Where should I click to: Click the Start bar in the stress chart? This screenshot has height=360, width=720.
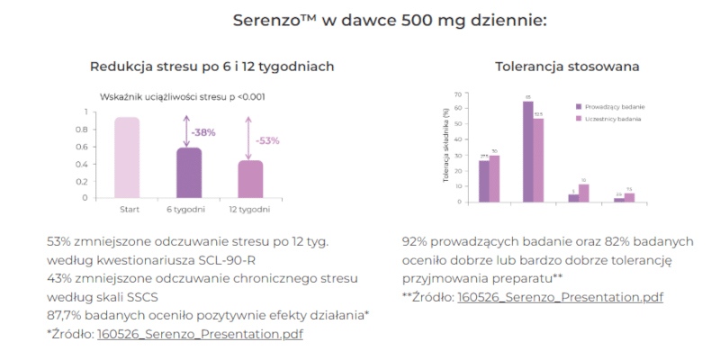[x=127, y=157]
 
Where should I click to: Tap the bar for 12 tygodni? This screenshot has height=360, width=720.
[x=249, y=178]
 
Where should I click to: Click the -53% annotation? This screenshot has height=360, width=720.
[x=267, y=141]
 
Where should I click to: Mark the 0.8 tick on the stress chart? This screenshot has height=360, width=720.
[x=85, y=130]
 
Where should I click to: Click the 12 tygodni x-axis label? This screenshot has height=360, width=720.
[x=250, y=211]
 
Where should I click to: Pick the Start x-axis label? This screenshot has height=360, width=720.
[x=128, y=211]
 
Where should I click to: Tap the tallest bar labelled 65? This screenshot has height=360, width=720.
[x=528, y=151]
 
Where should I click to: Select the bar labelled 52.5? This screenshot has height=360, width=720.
[x=538, y=160]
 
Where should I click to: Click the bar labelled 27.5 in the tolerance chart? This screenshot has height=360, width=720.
[x=484, y=181]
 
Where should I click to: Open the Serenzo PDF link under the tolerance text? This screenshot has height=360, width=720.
[x=560, y=297]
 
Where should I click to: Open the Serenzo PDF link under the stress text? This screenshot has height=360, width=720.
[x=200, y=334]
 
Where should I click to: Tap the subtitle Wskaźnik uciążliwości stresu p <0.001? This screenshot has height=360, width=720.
[x=181, y=97]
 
